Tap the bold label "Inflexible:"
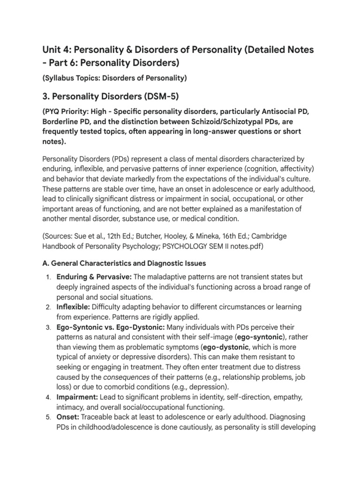(74, 307)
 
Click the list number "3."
(48, 327)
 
